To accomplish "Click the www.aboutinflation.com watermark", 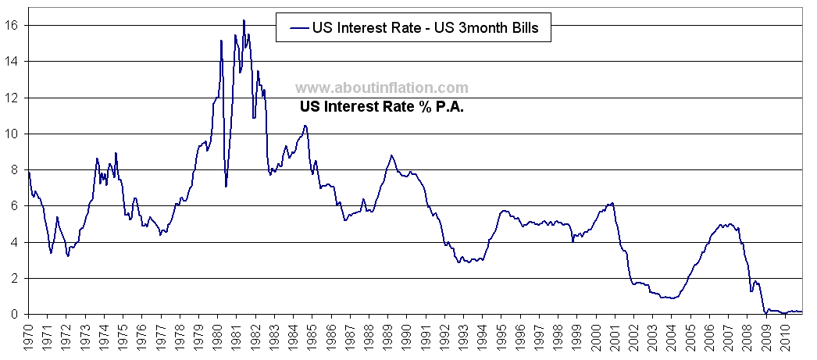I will [382, 88].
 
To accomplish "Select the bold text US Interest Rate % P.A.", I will [382, 108].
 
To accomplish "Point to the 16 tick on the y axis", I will [16, 25].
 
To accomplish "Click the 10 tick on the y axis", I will [16, 134].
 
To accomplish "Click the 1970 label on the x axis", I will [28, 337].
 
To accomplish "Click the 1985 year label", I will [313, 337].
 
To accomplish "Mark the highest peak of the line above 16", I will [244, 20].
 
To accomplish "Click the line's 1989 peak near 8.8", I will [391, 155].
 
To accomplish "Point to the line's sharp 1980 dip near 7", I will [226, 186].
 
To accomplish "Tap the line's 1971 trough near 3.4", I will [51, 253].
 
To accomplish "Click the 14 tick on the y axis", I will [16, 61].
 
